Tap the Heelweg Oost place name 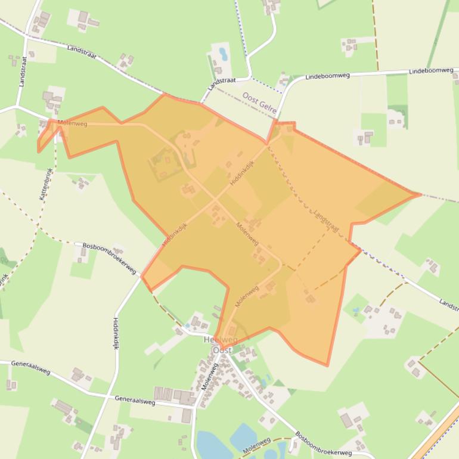221,345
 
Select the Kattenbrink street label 45,183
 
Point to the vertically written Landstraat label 23,72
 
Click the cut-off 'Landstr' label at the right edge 448,303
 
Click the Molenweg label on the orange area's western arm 73,123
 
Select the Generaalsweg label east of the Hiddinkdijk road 135,401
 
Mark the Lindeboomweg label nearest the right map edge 431,71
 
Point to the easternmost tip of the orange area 420,194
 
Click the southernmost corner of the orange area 327,365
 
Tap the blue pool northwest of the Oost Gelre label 223,54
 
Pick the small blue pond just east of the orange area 356,311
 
